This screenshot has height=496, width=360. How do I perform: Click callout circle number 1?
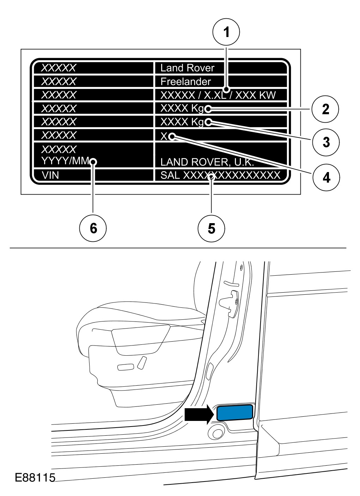(226, 32)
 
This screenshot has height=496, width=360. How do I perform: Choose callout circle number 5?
(211, 228)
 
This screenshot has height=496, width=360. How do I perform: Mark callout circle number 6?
(93, 228)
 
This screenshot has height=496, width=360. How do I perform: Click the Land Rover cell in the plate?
(187, 68)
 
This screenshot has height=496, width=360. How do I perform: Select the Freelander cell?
(185, 81)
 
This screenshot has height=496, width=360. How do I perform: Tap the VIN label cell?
(50, 175)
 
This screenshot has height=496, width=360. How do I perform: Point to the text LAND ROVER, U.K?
(207, 162)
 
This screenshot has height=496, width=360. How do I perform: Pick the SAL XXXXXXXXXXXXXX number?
(220, 175)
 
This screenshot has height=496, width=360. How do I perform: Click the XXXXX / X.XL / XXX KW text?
(218, 95)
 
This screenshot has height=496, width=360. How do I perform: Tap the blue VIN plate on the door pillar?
(235, 412)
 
